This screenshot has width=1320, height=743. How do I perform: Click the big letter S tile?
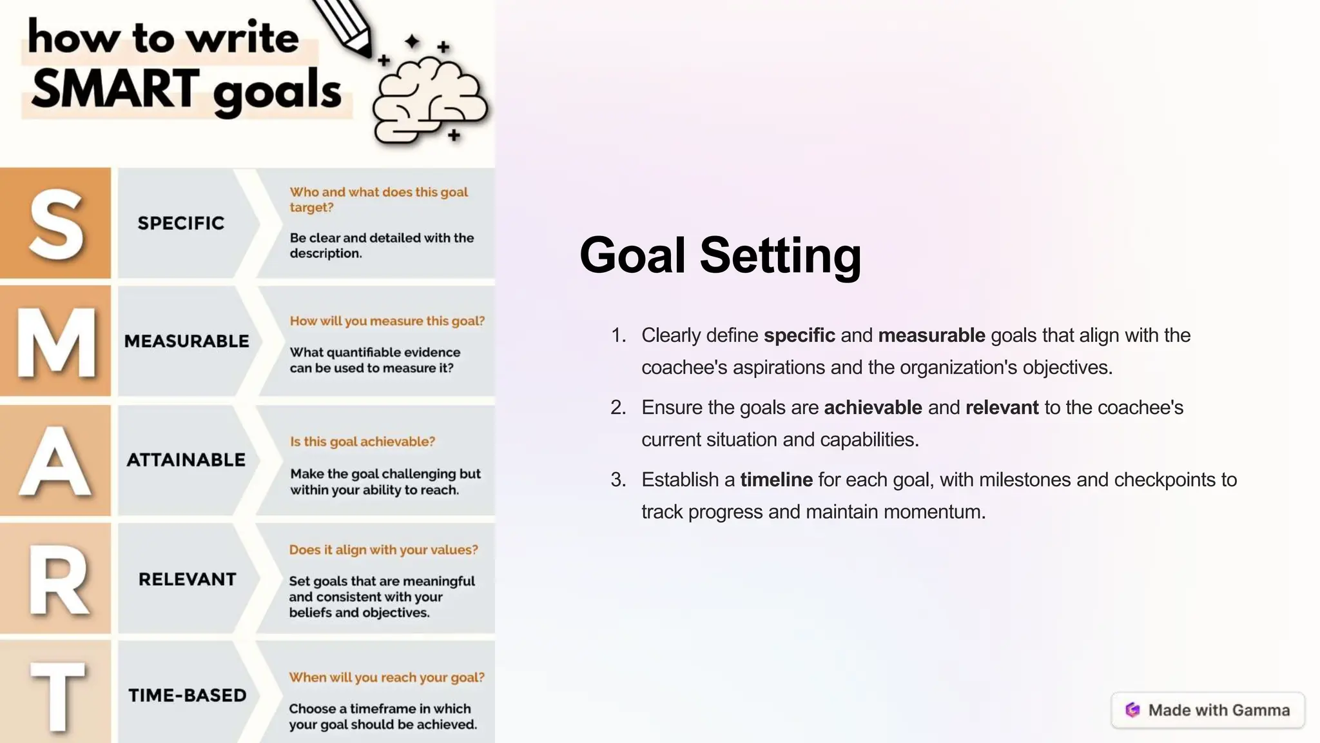coord(55,223)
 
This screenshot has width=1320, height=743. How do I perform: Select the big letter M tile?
coord(55,341)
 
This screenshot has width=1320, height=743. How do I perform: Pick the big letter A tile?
coord(55,461)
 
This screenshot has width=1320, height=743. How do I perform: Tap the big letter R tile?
coord(55,579)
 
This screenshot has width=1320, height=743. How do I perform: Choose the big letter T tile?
coord(55,693)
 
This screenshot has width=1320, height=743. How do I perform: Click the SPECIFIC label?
coord(181,223)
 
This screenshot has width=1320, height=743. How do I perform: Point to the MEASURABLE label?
coord(186,341)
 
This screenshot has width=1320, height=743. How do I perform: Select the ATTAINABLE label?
coord(186,460)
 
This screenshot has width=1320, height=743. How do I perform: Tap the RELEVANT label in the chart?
coord(188,579)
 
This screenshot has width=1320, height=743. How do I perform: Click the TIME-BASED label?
coord(188,695)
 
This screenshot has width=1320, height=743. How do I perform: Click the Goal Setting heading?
coord(720,255)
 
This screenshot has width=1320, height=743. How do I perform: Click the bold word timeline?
coord(776,480)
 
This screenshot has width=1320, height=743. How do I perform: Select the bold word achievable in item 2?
coord(873,408)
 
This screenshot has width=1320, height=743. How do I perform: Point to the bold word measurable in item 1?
coord(931,335)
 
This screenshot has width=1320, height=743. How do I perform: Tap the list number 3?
coord(618,480)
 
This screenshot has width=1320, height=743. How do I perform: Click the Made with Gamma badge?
coord(1208,710)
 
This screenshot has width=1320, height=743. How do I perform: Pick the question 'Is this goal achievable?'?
coord(362,442)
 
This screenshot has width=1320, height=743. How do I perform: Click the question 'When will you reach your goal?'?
coord(387,677)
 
